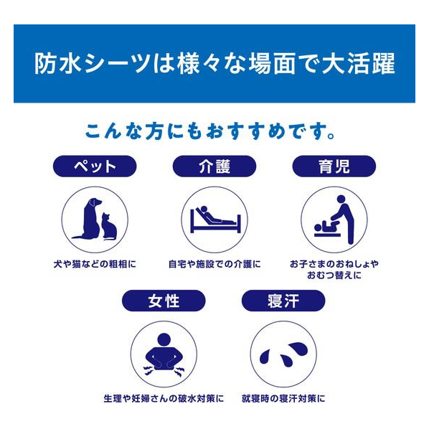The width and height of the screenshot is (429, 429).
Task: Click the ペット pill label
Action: click(95, 166)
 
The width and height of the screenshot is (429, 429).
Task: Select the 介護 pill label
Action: click(214, 166)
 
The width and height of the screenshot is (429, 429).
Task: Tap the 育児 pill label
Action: click(334, 166)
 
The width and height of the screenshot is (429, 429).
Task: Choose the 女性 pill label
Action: click(164, 301)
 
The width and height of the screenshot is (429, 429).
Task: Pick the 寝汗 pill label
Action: click(283, 301)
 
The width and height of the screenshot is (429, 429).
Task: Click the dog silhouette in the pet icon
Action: click(89, 219)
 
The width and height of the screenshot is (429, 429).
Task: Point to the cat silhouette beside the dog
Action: click(109, 227)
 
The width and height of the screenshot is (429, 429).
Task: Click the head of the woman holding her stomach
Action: click(164, 339)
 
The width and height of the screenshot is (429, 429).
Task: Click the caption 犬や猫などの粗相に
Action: click(95, 264)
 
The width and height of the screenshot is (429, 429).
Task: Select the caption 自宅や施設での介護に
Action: click(214, 264)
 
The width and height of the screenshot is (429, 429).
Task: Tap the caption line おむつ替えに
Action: click(334, 275)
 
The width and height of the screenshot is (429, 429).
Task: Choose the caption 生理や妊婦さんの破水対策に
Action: click(164, 398)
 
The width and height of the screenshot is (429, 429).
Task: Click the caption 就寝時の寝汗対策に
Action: click(283, 398)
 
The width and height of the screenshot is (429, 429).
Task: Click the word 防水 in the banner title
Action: click(57, 64)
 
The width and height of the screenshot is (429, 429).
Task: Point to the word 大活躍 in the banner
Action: click(359, 64)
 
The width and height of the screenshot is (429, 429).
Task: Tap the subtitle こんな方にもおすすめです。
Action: click(210, 131)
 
